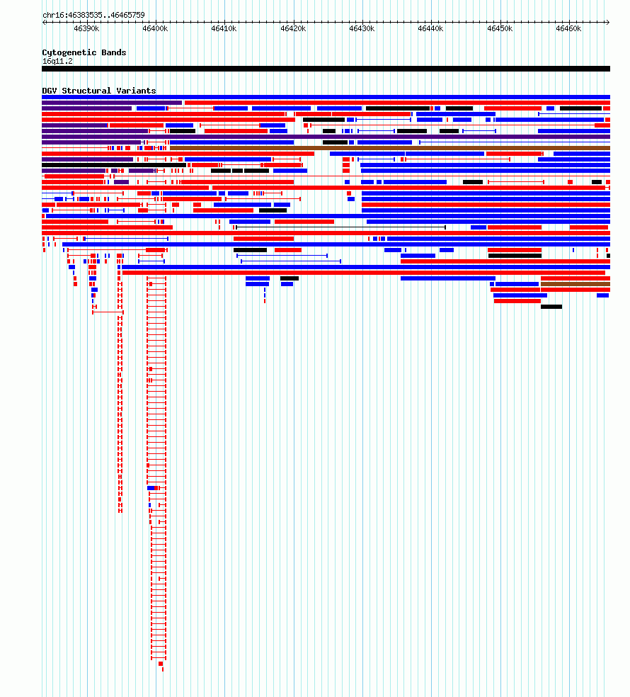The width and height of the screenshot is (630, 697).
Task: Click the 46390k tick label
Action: (86, 29)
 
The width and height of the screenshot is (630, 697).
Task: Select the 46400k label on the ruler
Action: (155, 29)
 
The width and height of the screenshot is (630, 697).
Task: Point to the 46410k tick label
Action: (224, 29)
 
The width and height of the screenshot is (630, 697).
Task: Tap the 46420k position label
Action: (293, 29)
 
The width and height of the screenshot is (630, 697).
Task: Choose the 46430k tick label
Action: (362, 29)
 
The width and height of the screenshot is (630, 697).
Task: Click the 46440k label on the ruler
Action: (430, 29)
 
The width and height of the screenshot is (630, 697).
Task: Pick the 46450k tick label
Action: (500, 29)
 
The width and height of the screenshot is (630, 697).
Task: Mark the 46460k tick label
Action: (568, 29)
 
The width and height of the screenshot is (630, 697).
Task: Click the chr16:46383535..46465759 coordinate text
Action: (93, 15)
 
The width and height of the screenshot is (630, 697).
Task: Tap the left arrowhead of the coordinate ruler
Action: (44, 22)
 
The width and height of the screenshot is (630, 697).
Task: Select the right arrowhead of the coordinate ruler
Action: (608, 22)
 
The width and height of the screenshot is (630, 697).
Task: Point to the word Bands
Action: (114, 52)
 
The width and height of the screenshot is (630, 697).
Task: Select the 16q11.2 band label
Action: (57, 62)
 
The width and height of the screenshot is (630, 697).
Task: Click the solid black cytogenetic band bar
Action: (326, 69)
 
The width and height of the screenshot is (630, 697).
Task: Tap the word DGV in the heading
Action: (50, 91)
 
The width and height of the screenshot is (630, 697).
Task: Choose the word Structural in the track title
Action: (86, 91)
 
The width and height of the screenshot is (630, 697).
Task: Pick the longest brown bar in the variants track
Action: (389, 148)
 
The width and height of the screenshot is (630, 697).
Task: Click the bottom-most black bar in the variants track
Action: (551, 307)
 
